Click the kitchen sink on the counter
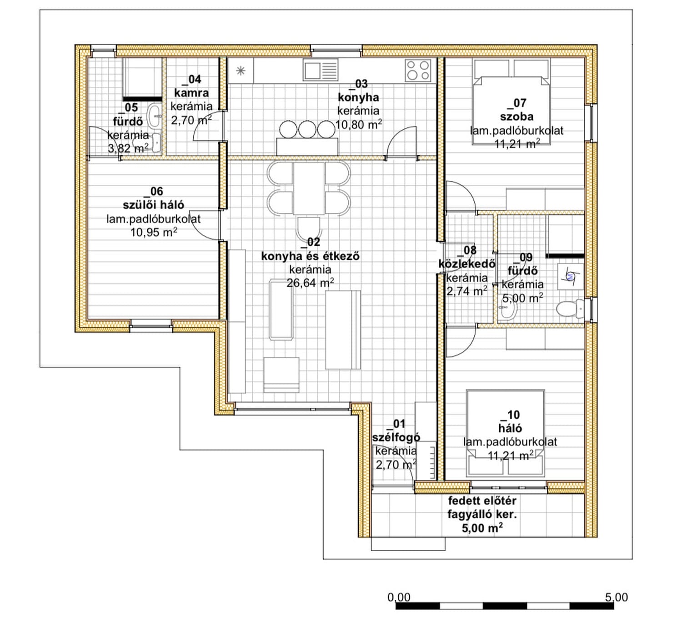point(321,71)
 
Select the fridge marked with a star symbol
point(241,71)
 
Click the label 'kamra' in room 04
point(191,93)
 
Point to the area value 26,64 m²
point(310,283)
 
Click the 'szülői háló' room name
point(153,205)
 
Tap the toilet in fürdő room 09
point(570,309)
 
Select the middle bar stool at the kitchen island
point(307,129)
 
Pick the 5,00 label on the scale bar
point(616,598)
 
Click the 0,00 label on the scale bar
point(399,598)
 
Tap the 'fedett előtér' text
point(482,501)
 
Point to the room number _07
point(517,103)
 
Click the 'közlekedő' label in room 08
point(466,264)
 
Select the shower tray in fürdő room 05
point(142,79)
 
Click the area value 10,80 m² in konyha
point(358,125)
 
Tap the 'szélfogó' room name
point(396,437)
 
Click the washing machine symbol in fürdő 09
point(571,277)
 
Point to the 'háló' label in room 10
point(510,428)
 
